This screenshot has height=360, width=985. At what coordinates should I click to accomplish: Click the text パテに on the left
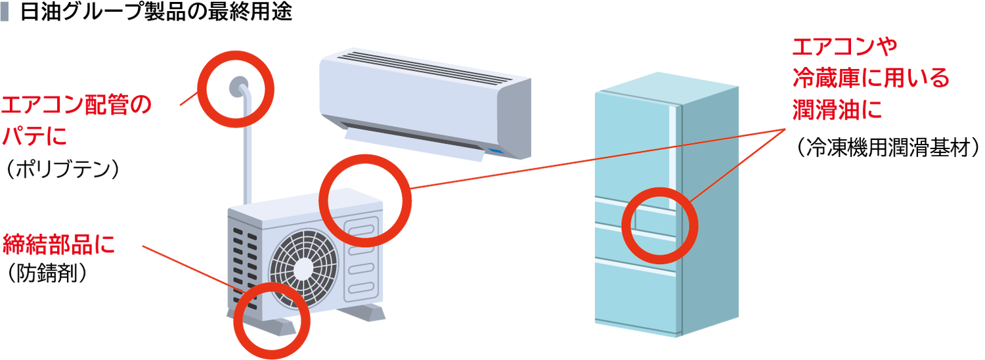34,137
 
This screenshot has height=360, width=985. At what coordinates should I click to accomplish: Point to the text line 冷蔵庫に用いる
870,79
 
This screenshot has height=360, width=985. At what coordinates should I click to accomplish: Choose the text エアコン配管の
76,105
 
